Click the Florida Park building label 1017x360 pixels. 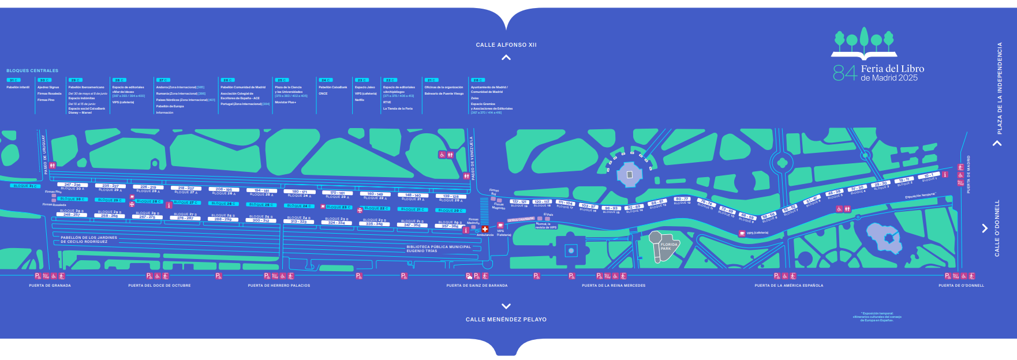[669, 246]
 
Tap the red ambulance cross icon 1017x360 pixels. [485, 229]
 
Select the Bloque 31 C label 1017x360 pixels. [25, 186]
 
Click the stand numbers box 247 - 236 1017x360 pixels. [72, 185]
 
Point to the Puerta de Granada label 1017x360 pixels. [50, 286]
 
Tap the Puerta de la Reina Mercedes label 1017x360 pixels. [614, 286]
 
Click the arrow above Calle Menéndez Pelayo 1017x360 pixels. [506, 306]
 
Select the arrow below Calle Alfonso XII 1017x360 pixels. [506, 57]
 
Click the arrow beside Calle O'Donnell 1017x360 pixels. [985, 228]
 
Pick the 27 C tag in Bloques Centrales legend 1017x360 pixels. [163, 80]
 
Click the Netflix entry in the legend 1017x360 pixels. [360, 100]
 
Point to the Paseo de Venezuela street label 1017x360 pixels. [472, 159]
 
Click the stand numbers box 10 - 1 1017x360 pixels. [928, 175]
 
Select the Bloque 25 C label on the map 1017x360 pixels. [261, 205]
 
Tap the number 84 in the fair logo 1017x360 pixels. [844, 73]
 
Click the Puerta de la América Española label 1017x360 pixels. [789, 286]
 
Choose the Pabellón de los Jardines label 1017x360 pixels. [89, 239]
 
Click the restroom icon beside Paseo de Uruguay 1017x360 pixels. [53, 166]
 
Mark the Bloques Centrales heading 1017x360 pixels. [32, 70]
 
